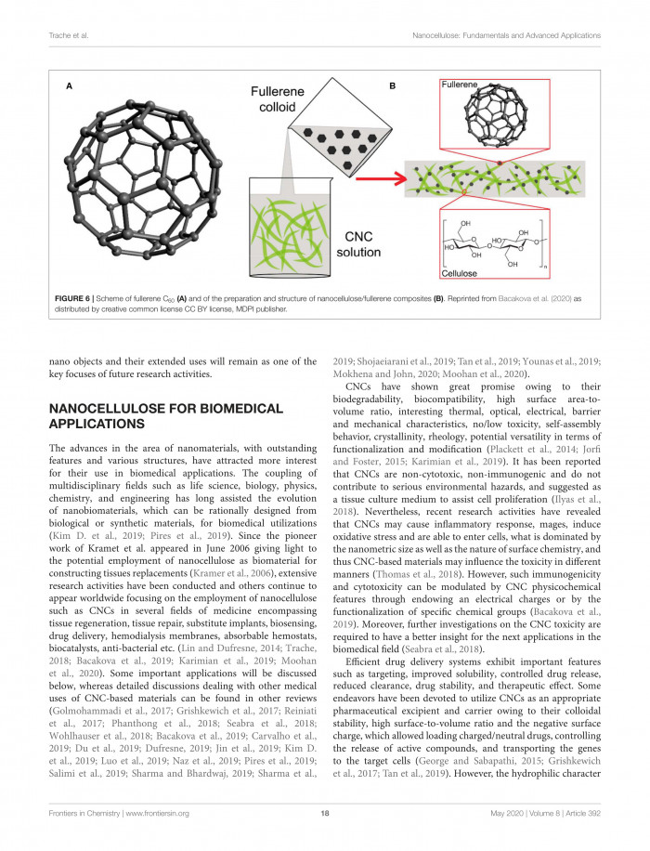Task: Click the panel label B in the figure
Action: (393, 85)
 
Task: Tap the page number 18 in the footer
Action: (324, 816)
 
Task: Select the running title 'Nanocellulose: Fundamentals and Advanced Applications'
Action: (507, 35)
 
